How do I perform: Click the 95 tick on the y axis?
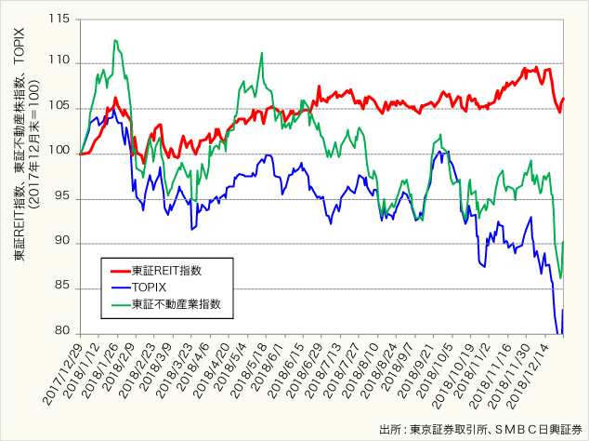tap(61, 198)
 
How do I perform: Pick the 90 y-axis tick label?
tap(61, 243)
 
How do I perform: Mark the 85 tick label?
tap(61, 287)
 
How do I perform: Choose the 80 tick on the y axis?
tap(61, 332)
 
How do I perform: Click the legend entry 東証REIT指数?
tap(166, 269)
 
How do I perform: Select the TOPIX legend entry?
tap(150, 287)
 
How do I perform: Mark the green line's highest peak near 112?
tap(115, 40)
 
